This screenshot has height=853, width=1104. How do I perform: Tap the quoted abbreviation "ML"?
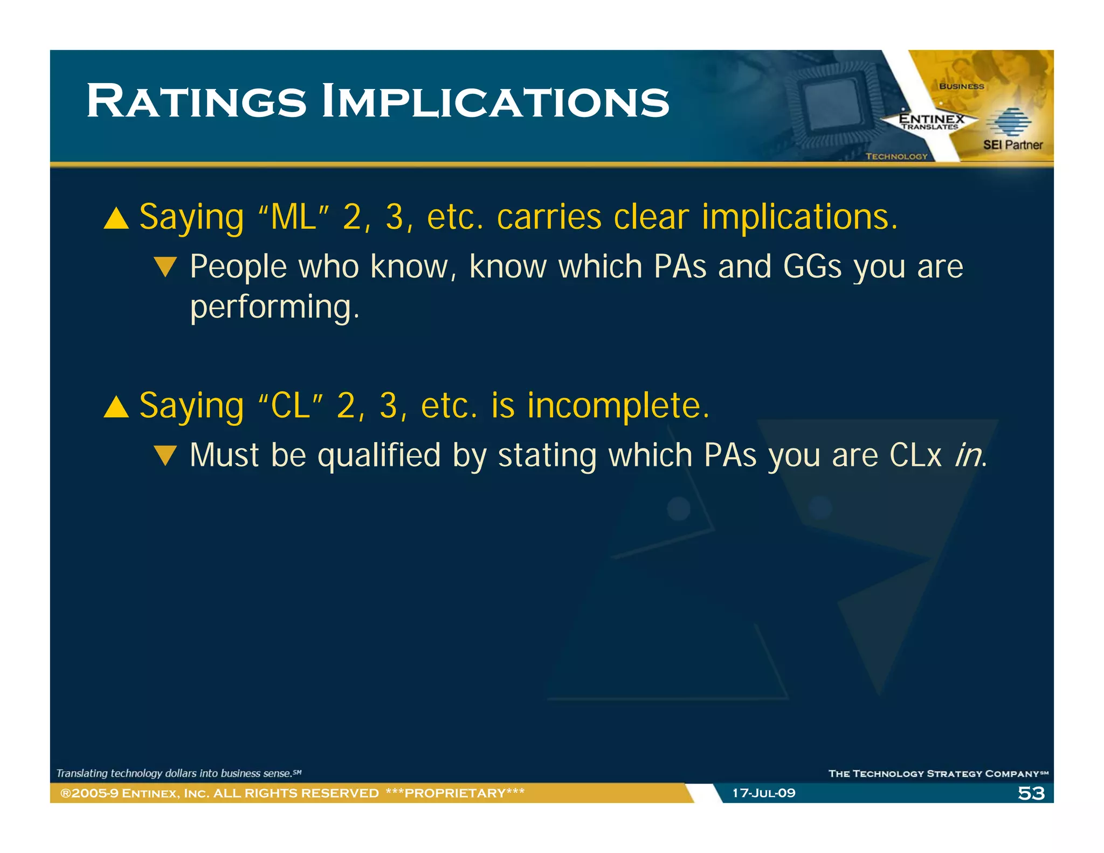[293, 217]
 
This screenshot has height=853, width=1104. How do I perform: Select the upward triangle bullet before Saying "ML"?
[116, 219]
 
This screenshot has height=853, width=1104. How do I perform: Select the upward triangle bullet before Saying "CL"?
[116, 407]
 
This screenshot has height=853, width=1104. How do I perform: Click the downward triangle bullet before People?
[165, 266]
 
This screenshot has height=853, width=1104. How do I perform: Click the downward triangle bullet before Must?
[165, 455]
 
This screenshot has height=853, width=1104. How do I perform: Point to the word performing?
[274, 307]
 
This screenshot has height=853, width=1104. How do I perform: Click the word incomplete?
[618, 405]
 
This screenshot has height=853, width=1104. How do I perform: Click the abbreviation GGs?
[812, 266]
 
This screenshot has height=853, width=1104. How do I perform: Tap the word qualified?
[379, 455]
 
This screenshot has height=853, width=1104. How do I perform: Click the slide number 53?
[1031, 793]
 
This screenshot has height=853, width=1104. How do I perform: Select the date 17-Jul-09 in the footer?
[763, 793]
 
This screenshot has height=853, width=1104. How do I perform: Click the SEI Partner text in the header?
[1012, 145]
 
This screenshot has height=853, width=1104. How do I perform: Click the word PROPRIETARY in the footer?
[455, 793]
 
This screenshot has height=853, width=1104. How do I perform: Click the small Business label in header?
[961, 86]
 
